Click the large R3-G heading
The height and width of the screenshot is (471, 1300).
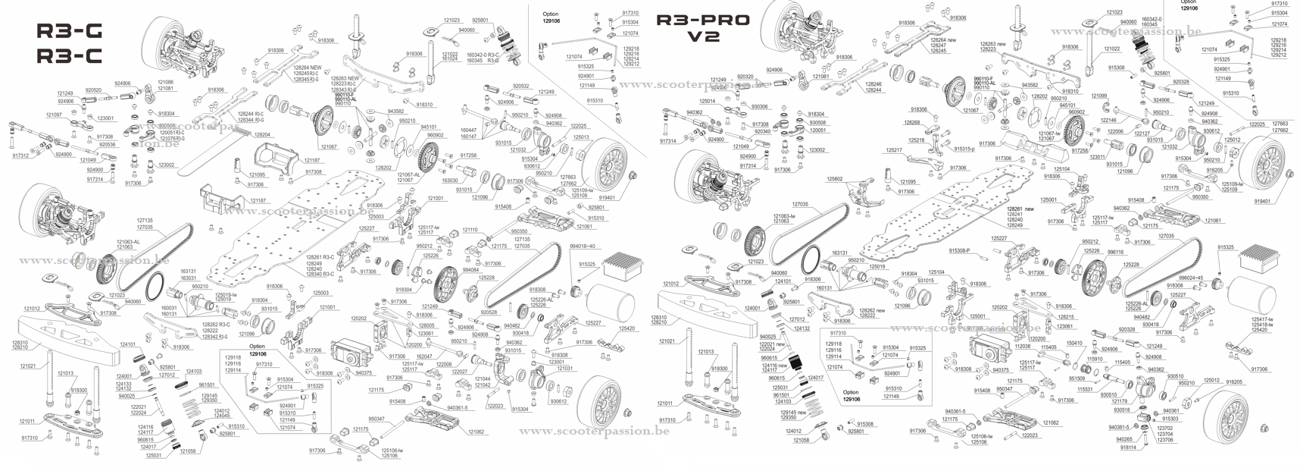pyautogui.click(x=69, y=31)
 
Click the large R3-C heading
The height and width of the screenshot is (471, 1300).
pyautogui.click(x=69, y=56)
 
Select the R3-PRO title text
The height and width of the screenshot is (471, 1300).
pyautogui.click(x=702, y=20)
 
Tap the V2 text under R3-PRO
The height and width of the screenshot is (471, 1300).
pyautogui.click(x=702, y=37)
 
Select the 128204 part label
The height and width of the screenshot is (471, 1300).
pyautogui.click(x=262, y=134)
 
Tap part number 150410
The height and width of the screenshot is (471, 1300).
pyautogui.click(x=1095, y=343)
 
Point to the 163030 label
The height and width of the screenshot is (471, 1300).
pyautogui.click(x=450, y=181)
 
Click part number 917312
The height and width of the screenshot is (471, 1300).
pyautogui.click(x=20, y=155)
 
